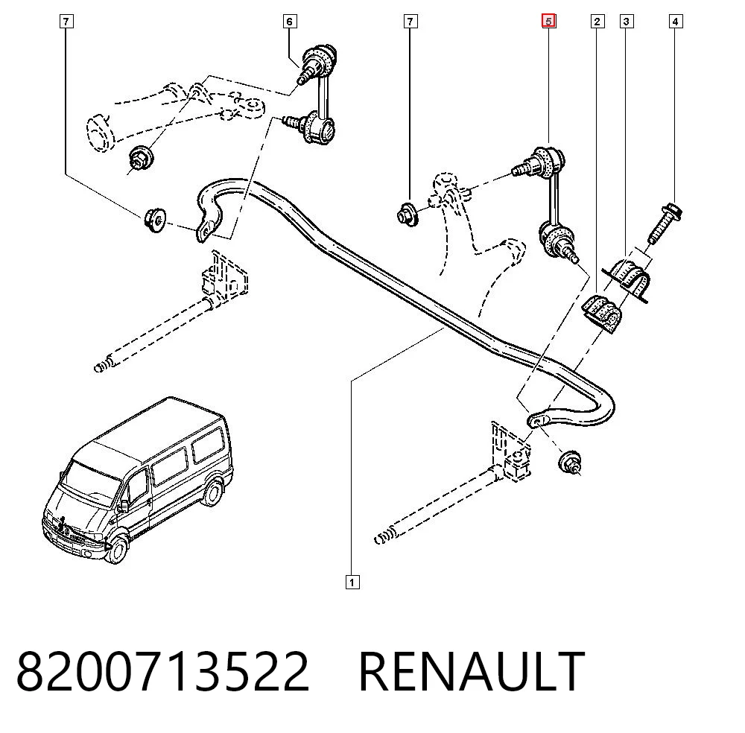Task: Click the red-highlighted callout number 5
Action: coord(549,22)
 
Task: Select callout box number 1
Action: coord(352,582)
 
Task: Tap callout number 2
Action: coord(597,22)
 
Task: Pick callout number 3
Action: coord(627,22)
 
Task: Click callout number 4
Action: coord(675,22)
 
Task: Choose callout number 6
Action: coord(289,22)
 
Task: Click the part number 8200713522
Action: coord(163,670)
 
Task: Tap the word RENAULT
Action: coord(472,670)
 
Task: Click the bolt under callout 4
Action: coord(665,223)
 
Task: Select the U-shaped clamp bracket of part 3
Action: coord(627,280)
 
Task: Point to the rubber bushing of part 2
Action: coord(601,313)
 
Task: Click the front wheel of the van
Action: coord(116,549)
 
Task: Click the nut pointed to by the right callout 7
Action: coord(408,215)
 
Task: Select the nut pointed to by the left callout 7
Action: coord(154,220)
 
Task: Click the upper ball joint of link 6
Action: coord(317,62)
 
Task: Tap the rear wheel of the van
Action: coord(213,492)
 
